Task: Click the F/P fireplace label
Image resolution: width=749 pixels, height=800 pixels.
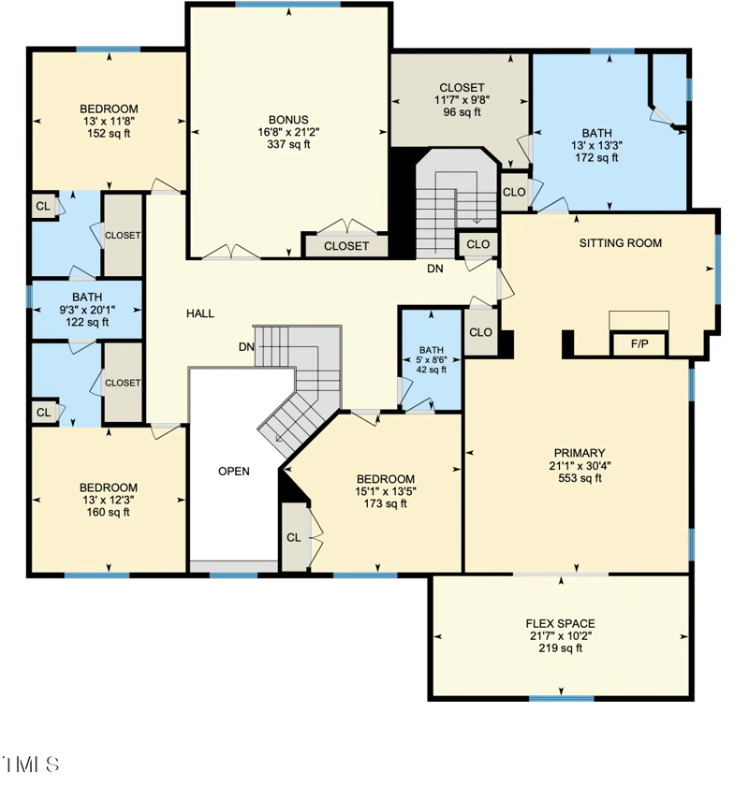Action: pyautogui.click(x=639, y=344)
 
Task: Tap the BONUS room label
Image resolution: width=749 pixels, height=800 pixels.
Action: pyautogui.click(x=288, y=120)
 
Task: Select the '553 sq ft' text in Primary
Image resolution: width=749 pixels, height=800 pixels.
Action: pyautogui.click(x=578, y=478)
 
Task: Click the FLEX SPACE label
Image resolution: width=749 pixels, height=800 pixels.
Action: pyautogui.click(x=560, y=623)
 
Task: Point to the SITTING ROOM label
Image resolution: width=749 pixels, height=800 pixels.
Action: pyautogui.click(x=620, y=243)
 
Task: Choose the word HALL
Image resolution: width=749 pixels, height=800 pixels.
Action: pyautogui.click(x=199, y=313)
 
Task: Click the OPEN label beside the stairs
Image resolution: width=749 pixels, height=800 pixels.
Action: pyautogui.click(x=234, y=471)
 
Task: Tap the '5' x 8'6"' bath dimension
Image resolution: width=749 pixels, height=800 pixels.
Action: pyautogui.click(x=432, y=358)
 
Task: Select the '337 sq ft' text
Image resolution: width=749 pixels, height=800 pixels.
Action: pyautogui.click(x=288, y=144)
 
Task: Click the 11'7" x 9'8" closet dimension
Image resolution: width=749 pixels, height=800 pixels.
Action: pyautogui.click(x=462, y=100)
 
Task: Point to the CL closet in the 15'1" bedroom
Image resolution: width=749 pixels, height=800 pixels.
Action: pyautogui.click(x=294, y=537)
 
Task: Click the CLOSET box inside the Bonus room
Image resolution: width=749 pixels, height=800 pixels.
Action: pyautogui.click(x=345, y=246)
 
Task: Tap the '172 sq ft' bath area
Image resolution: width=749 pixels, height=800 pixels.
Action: pyautogui.click(x=595, y=158)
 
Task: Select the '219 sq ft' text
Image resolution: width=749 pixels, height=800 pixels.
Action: pyautogui.click(x=560, y=647)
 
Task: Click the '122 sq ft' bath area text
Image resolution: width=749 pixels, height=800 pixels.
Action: pyautogui.click(x=86, y=322)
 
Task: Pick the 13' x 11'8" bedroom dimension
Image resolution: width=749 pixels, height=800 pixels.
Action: pyautogui.click(x=108, y=121)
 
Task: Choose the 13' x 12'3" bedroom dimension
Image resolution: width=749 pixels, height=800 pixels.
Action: pyautogui.click(x=108, y=500)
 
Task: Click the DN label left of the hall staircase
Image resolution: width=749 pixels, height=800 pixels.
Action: pyautogui.click(x=246, y=346)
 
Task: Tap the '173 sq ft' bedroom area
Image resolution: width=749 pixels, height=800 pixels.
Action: pyautogui.click(x=385, y=503)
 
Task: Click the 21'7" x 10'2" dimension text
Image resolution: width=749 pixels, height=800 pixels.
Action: pyautogui.click(x=560, y=635)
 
